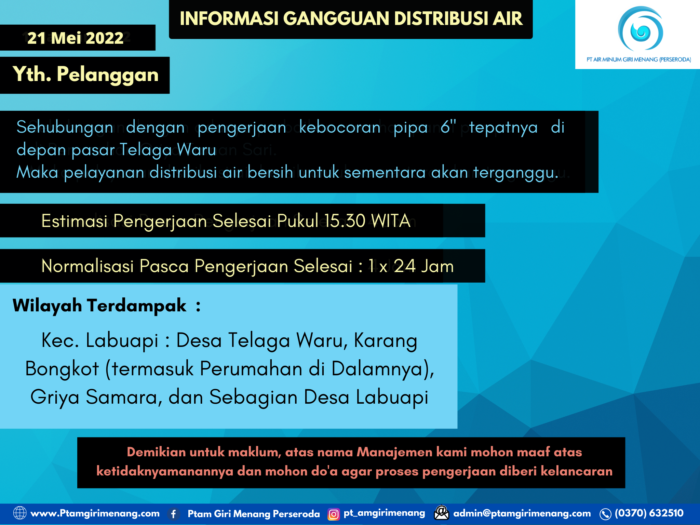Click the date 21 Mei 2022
[75, 38]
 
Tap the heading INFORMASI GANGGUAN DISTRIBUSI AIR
[351, 18]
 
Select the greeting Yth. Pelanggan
[85, 74]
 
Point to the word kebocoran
[340, 127]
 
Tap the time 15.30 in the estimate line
[345, 221]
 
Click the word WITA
[391, 221]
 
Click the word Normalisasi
[87, 266]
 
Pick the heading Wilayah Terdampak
[99, 305]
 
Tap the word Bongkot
[62, 369]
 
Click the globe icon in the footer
[19, 513]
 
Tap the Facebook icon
[174, 514]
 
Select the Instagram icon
[334, 514]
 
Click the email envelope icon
[441, 513]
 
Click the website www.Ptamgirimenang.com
[95, 513]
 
